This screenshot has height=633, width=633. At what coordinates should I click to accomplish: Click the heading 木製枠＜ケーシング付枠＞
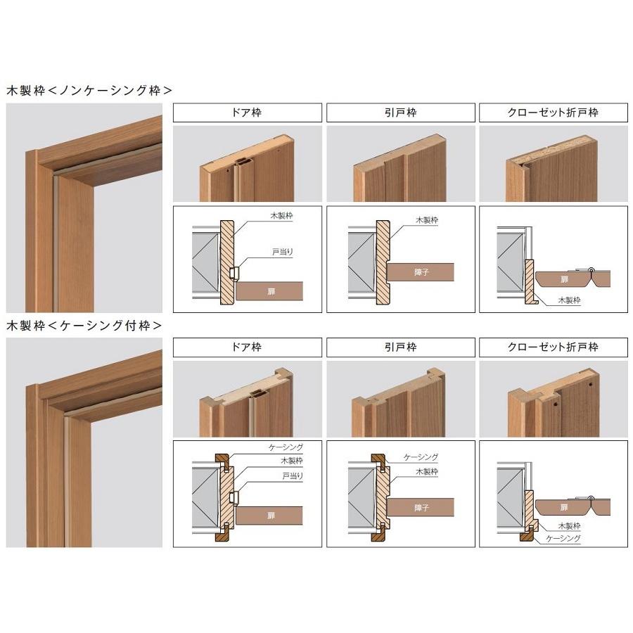pyautogui.click(x=84, y=326)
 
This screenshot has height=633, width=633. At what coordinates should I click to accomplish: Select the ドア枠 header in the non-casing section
pyautogui.click(x=247, y=113)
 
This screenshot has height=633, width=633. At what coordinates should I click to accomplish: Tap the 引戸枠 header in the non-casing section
pyautogui.click(x=399, y=113)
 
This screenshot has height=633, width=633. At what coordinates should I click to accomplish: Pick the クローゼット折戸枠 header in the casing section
pyautogui.click(x=552, y=347)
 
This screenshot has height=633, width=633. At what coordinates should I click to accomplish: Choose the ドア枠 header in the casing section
pyautogui.click(x=247, y=347)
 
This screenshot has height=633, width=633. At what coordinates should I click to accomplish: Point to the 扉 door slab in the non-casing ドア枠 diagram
pyautogui.click(x=271, y=290)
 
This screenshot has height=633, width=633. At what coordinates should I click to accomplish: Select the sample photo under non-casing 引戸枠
pyautogui.click(x=399, y=163)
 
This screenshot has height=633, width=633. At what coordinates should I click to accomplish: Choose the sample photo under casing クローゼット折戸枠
pyautogui.click(x=552, y=399)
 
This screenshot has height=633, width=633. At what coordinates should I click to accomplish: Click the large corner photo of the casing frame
pyautogui.click(x=84, y=442)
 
